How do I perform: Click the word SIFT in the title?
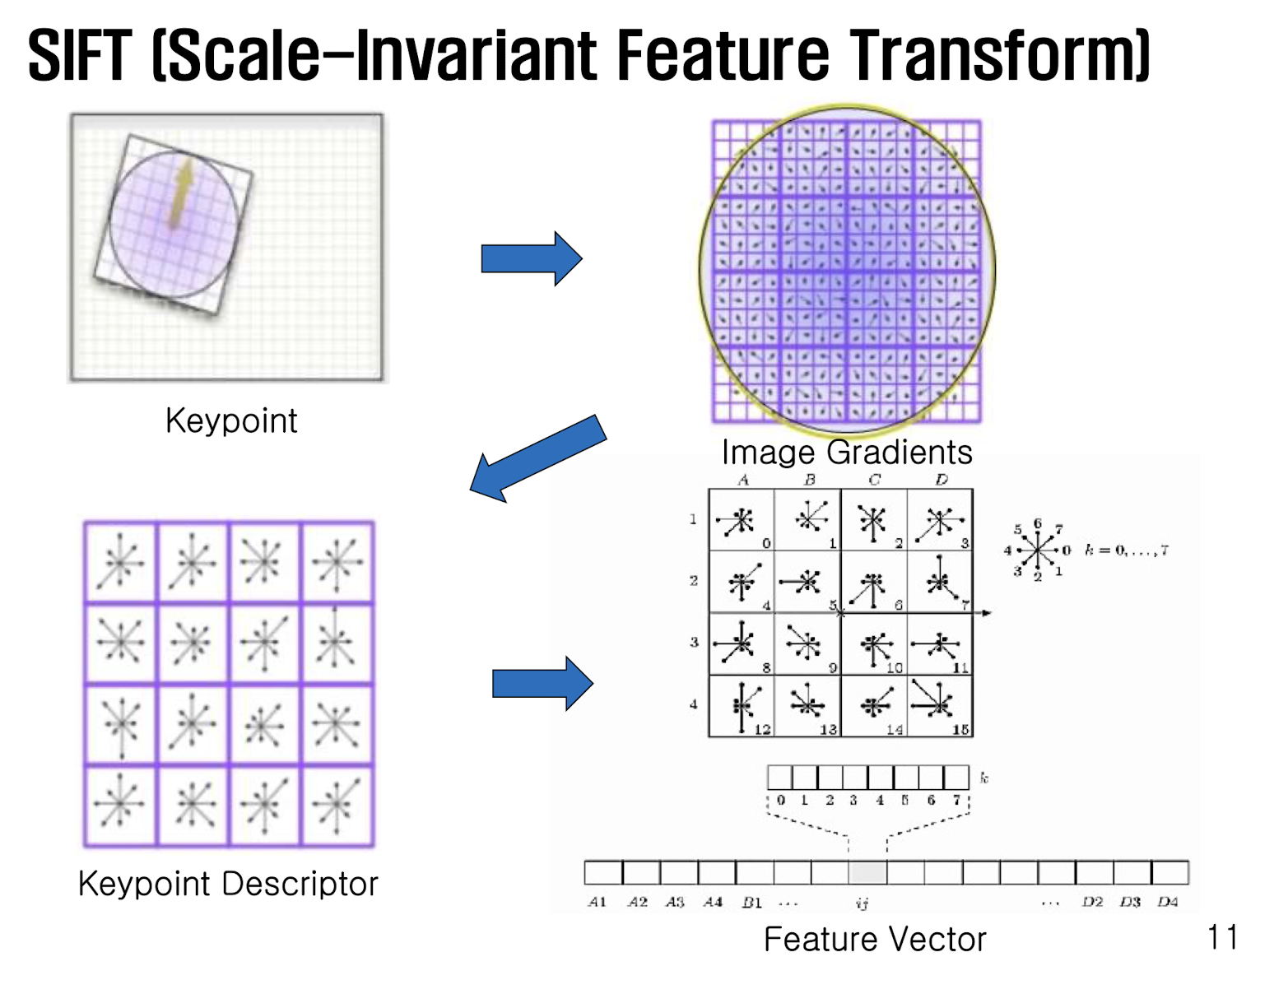click(80, 56)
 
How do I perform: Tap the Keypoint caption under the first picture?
click(231, 421)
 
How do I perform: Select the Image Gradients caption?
click(847, 452)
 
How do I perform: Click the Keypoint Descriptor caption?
click(228, 884)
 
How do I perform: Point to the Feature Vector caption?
click(875, 939)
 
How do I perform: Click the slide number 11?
click(1222, 936)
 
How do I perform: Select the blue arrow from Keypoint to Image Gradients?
click(532, 258)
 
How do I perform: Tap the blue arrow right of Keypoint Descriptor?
click(542, 683)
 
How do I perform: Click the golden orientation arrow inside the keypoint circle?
click(181, 193)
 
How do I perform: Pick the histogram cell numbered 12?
click(742, 706)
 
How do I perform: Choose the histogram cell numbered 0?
click(742, 520)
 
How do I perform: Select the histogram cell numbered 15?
click(940, 706)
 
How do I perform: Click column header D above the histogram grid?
click(941, 479)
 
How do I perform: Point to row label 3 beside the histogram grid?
click(694, 642)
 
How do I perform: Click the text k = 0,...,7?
click(1127, 550)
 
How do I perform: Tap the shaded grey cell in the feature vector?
click(867, 872)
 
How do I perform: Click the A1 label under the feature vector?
click(597, 902)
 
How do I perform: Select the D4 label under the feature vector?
click(1168, 902)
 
